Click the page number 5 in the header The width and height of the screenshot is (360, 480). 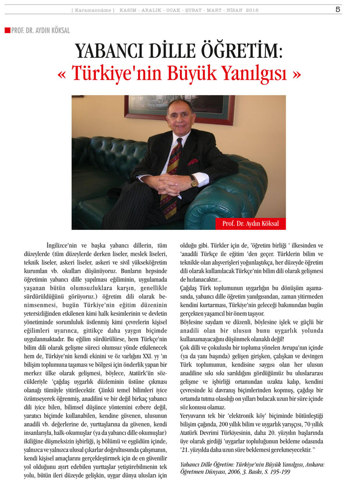click(338, 10)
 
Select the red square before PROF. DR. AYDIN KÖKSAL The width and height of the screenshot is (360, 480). click(7, 30)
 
